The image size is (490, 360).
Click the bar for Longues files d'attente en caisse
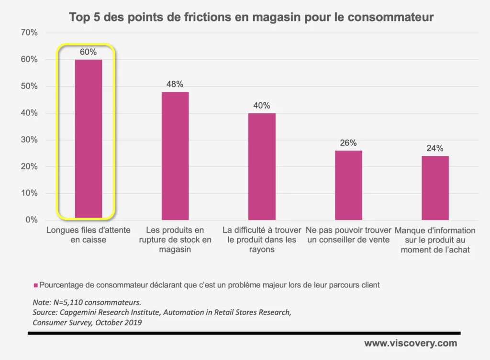[x=89, y=139]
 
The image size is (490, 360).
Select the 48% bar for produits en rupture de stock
[x=175, y=155]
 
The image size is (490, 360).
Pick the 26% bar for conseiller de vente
[x=348, y=185]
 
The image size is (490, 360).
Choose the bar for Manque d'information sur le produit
[x=435, y=188]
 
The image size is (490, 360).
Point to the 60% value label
[x=89, y=52]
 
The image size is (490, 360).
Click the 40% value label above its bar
[x=262, y=106]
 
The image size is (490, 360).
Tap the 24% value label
[x=435, y=148]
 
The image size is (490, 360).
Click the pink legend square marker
[x=35, y=285]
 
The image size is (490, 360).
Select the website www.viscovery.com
[x=410, y=343]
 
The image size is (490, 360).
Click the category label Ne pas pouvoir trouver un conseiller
[x=348, y=235]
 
